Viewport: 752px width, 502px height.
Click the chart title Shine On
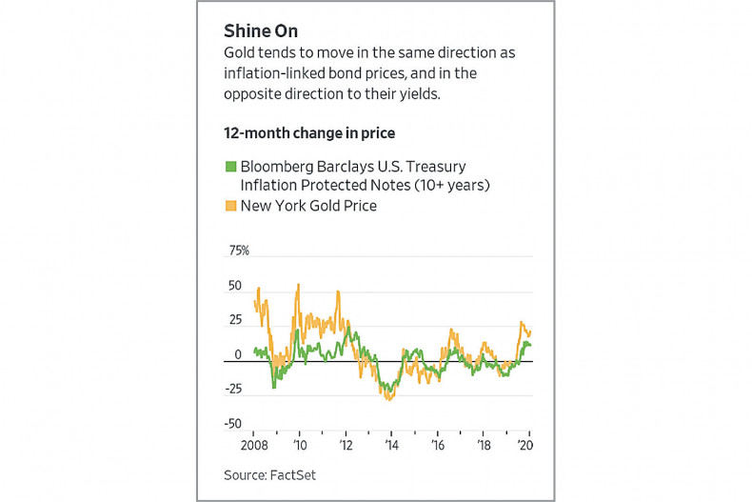[260, 30]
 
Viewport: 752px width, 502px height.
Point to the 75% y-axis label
[236, 251]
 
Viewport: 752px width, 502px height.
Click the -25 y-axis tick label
[233, 389]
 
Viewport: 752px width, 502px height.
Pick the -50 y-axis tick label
[233, 424]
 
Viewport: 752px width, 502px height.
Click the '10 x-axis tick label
[299, 444]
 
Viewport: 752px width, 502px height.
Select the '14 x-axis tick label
[391, 444]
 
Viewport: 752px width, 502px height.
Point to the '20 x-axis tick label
[525, 444]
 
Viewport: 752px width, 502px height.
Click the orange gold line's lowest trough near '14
[389, 399]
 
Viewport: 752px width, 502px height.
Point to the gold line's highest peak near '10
[299, 284]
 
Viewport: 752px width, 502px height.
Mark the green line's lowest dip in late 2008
[274, 387]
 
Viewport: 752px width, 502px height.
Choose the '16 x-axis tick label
[437, 444]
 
